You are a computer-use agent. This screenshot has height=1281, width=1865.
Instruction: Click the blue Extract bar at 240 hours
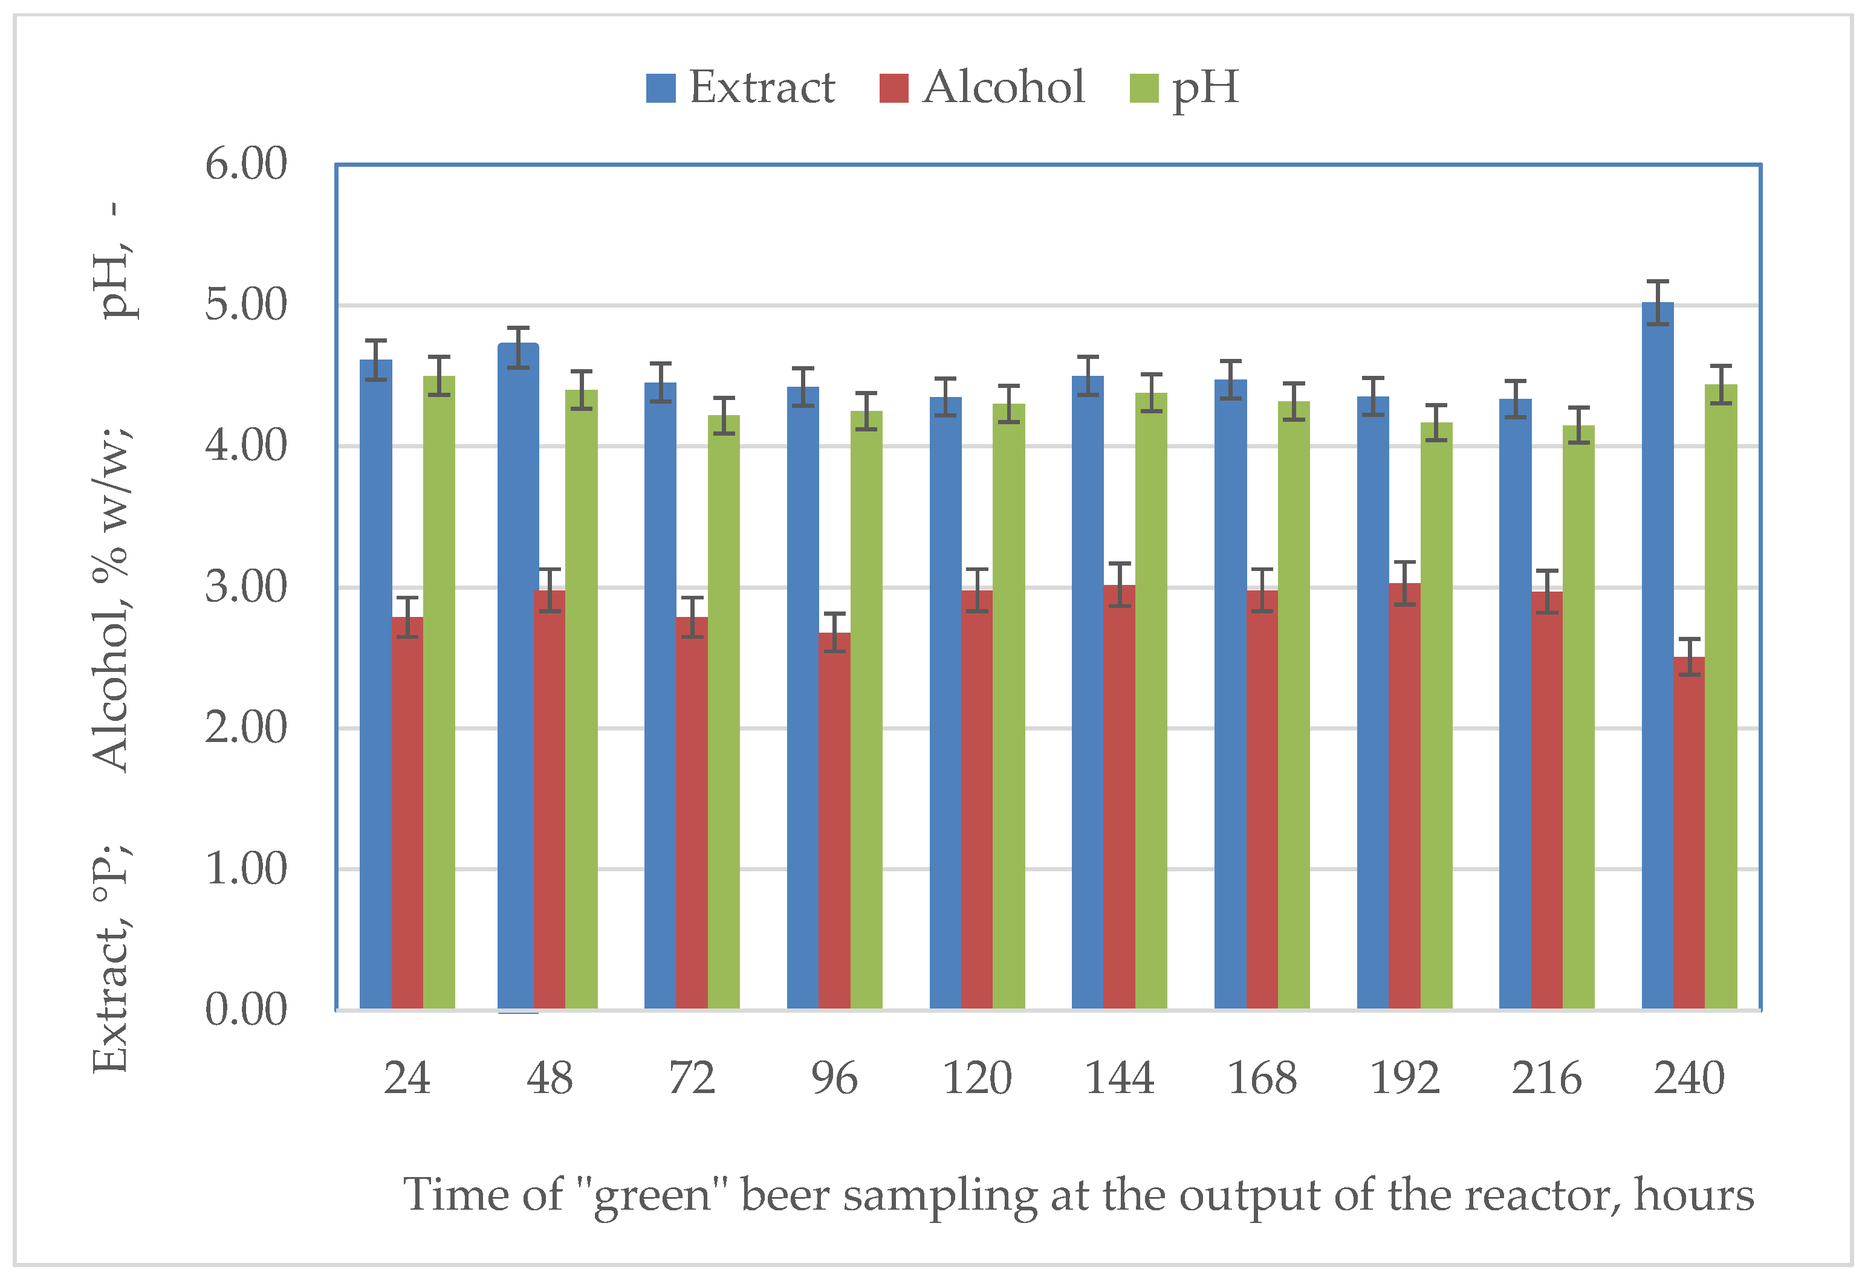[x=1657, y=658]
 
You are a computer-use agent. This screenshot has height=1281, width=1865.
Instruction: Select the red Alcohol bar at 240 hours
[x=1688, y=834]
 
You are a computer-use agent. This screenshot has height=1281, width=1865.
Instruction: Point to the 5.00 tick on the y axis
[x=245, y=306]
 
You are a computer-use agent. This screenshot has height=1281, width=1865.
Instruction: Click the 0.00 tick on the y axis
[x=245, y=1010]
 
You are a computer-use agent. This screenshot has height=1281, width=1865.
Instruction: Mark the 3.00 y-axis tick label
[x=245, y=587]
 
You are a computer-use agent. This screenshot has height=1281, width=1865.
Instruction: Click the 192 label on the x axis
[x=1404, y=1078]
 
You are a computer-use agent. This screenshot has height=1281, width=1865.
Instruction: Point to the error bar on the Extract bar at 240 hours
[x=1657, y=303]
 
